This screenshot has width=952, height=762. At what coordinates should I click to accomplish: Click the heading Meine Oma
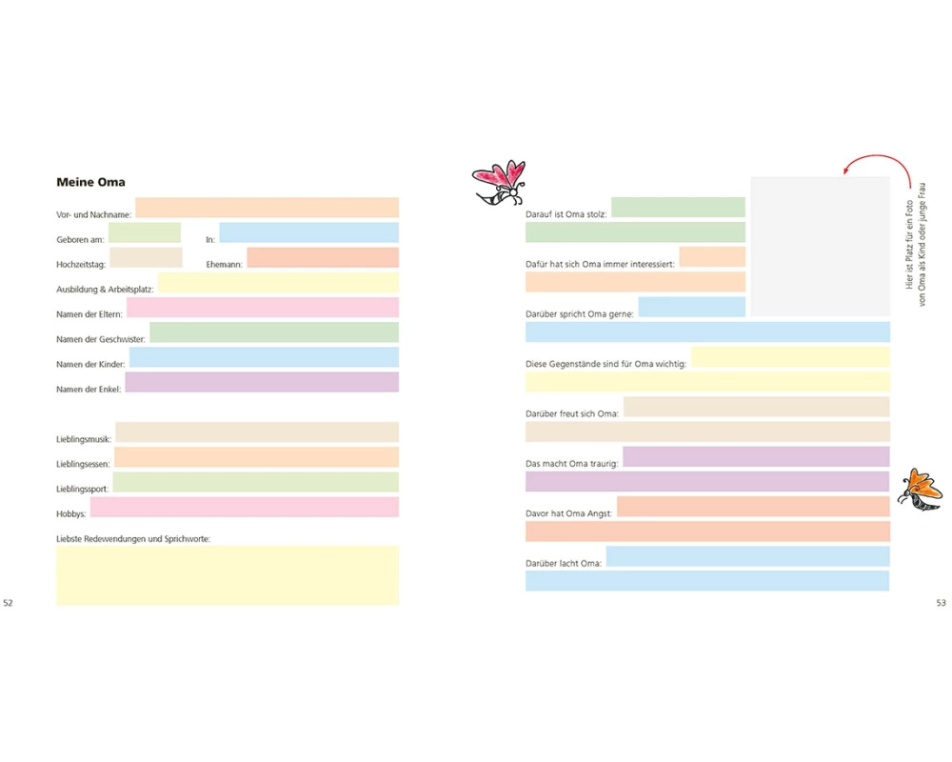pos(90,182)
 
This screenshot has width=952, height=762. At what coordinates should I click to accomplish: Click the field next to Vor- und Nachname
pos(267,208)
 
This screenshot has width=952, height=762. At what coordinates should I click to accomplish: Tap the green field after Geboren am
pos(144,232)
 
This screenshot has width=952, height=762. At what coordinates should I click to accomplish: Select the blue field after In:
pos(308,232)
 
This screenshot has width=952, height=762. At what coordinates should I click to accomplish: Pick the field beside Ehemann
pos(322,257)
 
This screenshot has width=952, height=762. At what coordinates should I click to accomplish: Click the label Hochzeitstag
pos(81,265)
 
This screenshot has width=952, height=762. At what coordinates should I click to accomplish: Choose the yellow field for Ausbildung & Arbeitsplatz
pos(278,282)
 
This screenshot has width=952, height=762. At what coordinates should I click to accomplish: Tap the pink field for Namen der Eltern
pos(262,307)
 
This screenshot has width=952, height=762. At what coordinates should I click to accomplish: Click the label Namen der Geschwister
pos(100,340)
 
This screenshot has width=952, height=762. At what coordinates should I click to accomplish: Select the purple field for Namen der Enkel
pos(261,382)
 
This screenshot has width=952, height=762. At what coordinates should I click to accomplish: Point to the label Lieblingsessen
pos(83,464)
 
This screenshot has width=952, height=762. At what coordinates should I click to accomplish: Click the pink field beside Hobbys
pos(256,507)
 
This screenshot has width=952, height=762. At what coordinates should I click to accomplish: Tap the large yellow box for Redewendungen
pos(228,574)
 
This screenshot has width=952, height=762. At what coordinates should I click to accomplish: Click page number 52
pos(9,603)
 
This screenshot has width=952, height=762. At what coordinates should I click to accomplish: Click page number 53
pos(941,603)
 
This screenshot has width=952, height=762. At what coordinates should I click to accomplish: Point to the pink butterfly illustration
pos(501,182)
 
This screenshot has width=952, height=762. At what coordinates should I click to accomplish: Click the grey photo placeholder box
pos(820,246)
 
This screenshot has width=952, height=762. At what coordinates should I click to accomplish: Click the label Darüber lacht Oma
pos(564,564)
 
